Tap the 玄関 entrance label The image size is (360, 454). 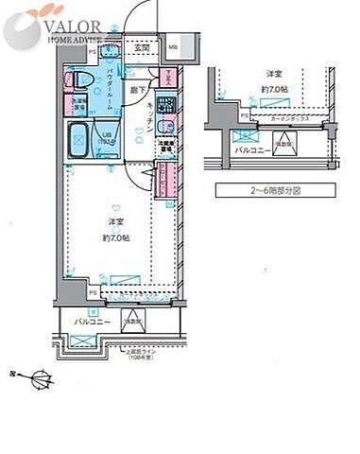142,46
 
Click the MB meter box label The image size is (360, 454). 172,46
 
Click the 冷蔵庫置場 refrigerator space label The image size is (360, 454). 166,147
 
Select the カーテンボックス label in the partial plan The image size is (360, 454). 290,119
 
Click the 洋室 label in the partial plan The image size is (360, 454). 274,73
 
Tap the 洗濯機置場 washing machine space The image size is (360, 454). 77,103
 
